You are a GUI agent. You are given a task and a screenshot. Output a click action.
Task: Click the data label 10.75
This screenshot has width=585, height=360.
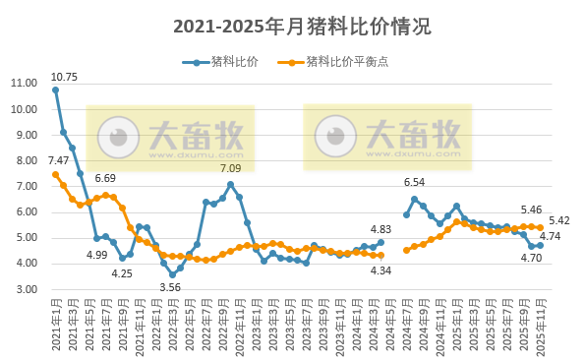pos(64,77)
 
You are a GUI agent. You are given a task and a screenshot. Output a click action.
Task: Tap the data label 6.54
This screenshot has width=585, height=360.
pos(414,182)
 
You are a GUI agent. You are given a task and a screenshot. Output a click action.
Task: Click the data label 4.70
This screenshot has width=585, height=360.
pos(531,258)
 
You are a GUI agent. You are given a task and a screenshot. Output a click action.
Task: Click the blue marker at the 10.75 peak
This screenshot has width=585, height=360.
pos(55,90)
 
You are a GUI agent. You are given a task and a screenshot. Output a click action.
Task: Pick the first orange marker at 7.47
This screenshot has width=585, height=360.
pos(55,174)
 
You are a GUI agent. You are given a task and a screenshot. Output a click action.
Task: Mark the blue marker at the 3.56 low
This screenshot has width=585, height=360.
pos(172,274)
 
